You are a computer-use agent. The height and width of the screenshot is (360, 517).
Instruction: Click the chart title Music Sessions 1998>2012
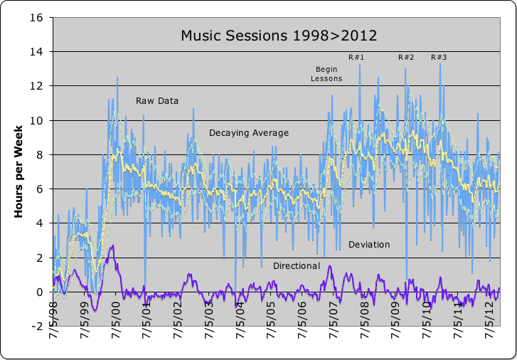coord(278,35)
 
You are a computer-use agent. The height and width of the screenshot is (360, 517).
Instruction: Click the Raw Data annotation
coord(157,101)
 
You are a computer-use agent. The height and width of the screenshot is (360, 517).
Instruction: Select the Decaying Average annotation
coord(249,132)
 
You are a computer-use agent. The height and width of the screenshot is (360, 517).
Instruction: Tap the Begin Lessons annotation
coord(326,74)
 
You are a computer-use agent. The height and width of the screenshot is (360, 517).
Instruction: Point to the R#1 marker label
coord(356,57)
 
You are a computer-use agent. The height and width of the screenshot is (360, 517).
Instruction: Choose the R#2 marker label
coord(406,57)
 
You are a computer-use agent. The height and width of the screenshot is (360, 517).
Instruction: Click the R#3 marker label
coord(439,57)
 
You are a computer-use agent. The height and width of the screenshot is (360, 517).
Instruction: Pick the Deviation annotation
coord(369,245)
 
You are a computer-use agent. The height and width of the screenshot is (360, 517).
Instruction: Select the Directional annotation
coord(297,266)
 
